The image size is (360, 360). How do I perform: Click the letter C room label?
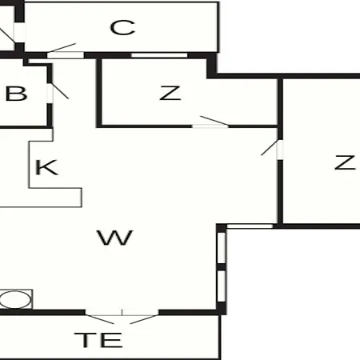tap(122, 27)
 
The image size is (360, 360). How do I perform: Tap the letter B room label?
tap(16, 94)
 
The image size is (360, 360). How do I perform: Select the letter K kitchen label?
tap(46, 167)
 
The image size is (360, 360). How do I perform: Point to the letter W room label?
tap(115, 238)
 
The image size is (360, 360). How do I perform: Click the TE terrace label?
tap(98, 340)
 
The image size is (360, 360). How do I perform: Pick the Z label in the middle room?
tap(170, 93)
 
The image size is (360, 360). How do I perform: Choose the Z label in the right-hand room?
tap(345, 162)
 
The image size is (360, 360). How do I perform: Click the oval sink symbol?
tap(15, 299)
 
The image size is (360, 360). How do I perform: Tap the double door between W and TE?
tap(122, 317)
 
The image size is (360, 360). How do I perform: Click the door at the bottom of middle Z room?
tap(210, 122)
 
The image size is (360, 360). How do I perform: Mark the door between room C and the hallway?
tap(64, 51)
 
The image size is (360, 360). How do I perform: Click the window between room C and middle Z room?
tap(159, 55)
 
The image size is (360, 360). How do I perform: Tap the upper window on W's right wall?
tap(222, 248)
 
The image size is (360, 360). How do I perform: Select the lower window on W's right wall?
tap(222, 286)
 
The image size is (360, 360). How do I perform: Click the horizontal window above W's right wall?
tap(250, 226)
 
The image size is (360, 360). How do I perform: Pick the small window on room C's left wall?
tap(19, 33)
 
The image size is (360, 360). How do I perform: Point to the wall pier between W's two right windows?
tap(222, 267)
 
